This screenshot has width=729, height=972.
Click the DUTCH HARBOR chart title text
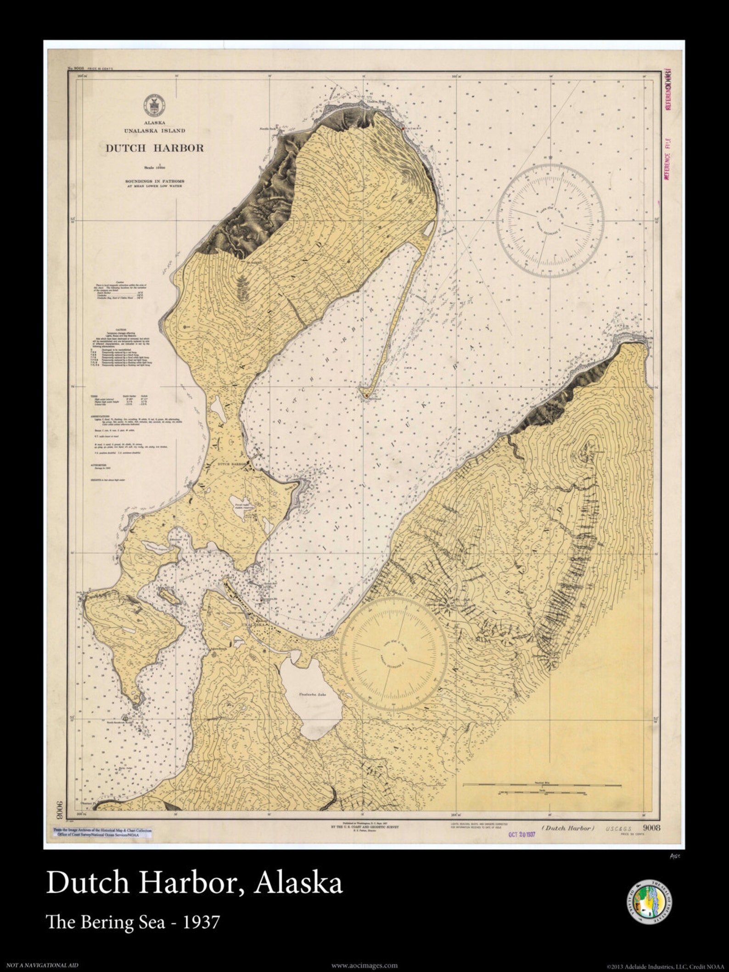click(x=155, y=148)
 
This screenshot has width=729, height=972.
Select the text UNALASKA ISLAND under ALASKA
click(x=155, y=130)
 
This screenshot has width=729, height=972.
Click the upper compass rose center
click(x=550, y=221)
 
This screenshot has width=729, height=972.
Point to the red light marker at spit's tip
click(x=366, y=395)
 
